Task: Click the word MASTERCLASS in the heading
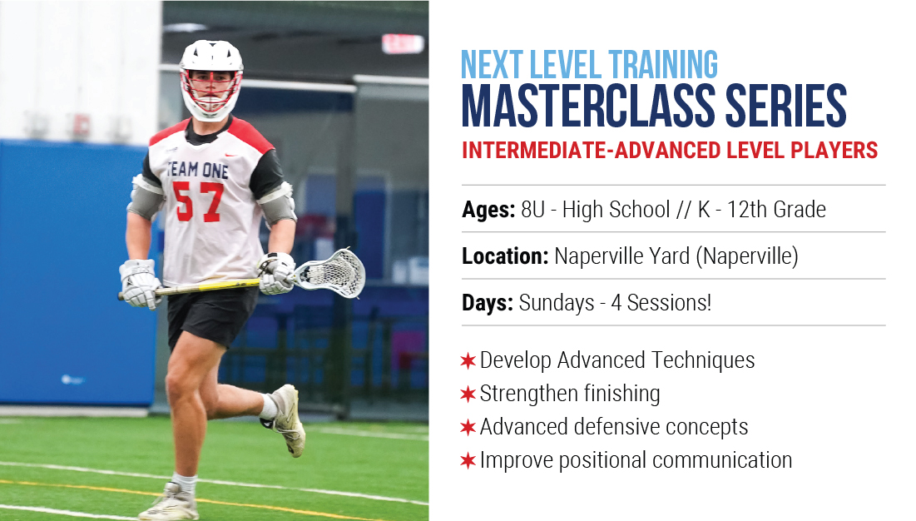pos(587,105)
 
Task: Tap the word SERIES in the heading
pos(786,105)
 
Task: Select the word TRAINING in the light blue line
pos(663,65)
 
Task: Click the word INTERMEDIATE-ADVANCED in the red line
pos(592,150)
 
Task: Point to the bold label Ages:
pos(488,210)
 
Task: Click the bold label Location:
pos(505,256)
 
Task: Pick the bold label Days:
pos(488,303)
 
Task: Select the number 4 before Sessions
pos(616,303)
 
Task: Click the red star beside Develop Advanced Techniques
pos(468,360)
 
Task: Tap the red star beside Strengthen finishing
pos(468,394)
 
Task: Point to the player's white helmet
pos(210,79)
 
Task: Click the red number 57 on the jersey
pos(198,201)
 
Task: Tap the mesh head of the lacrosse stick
pos(330,273)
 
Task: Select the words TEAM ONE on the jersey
pos(197,170)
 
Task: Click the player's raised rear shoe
pos(285,419)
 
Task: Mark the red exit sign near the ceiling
pos(403,44)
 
